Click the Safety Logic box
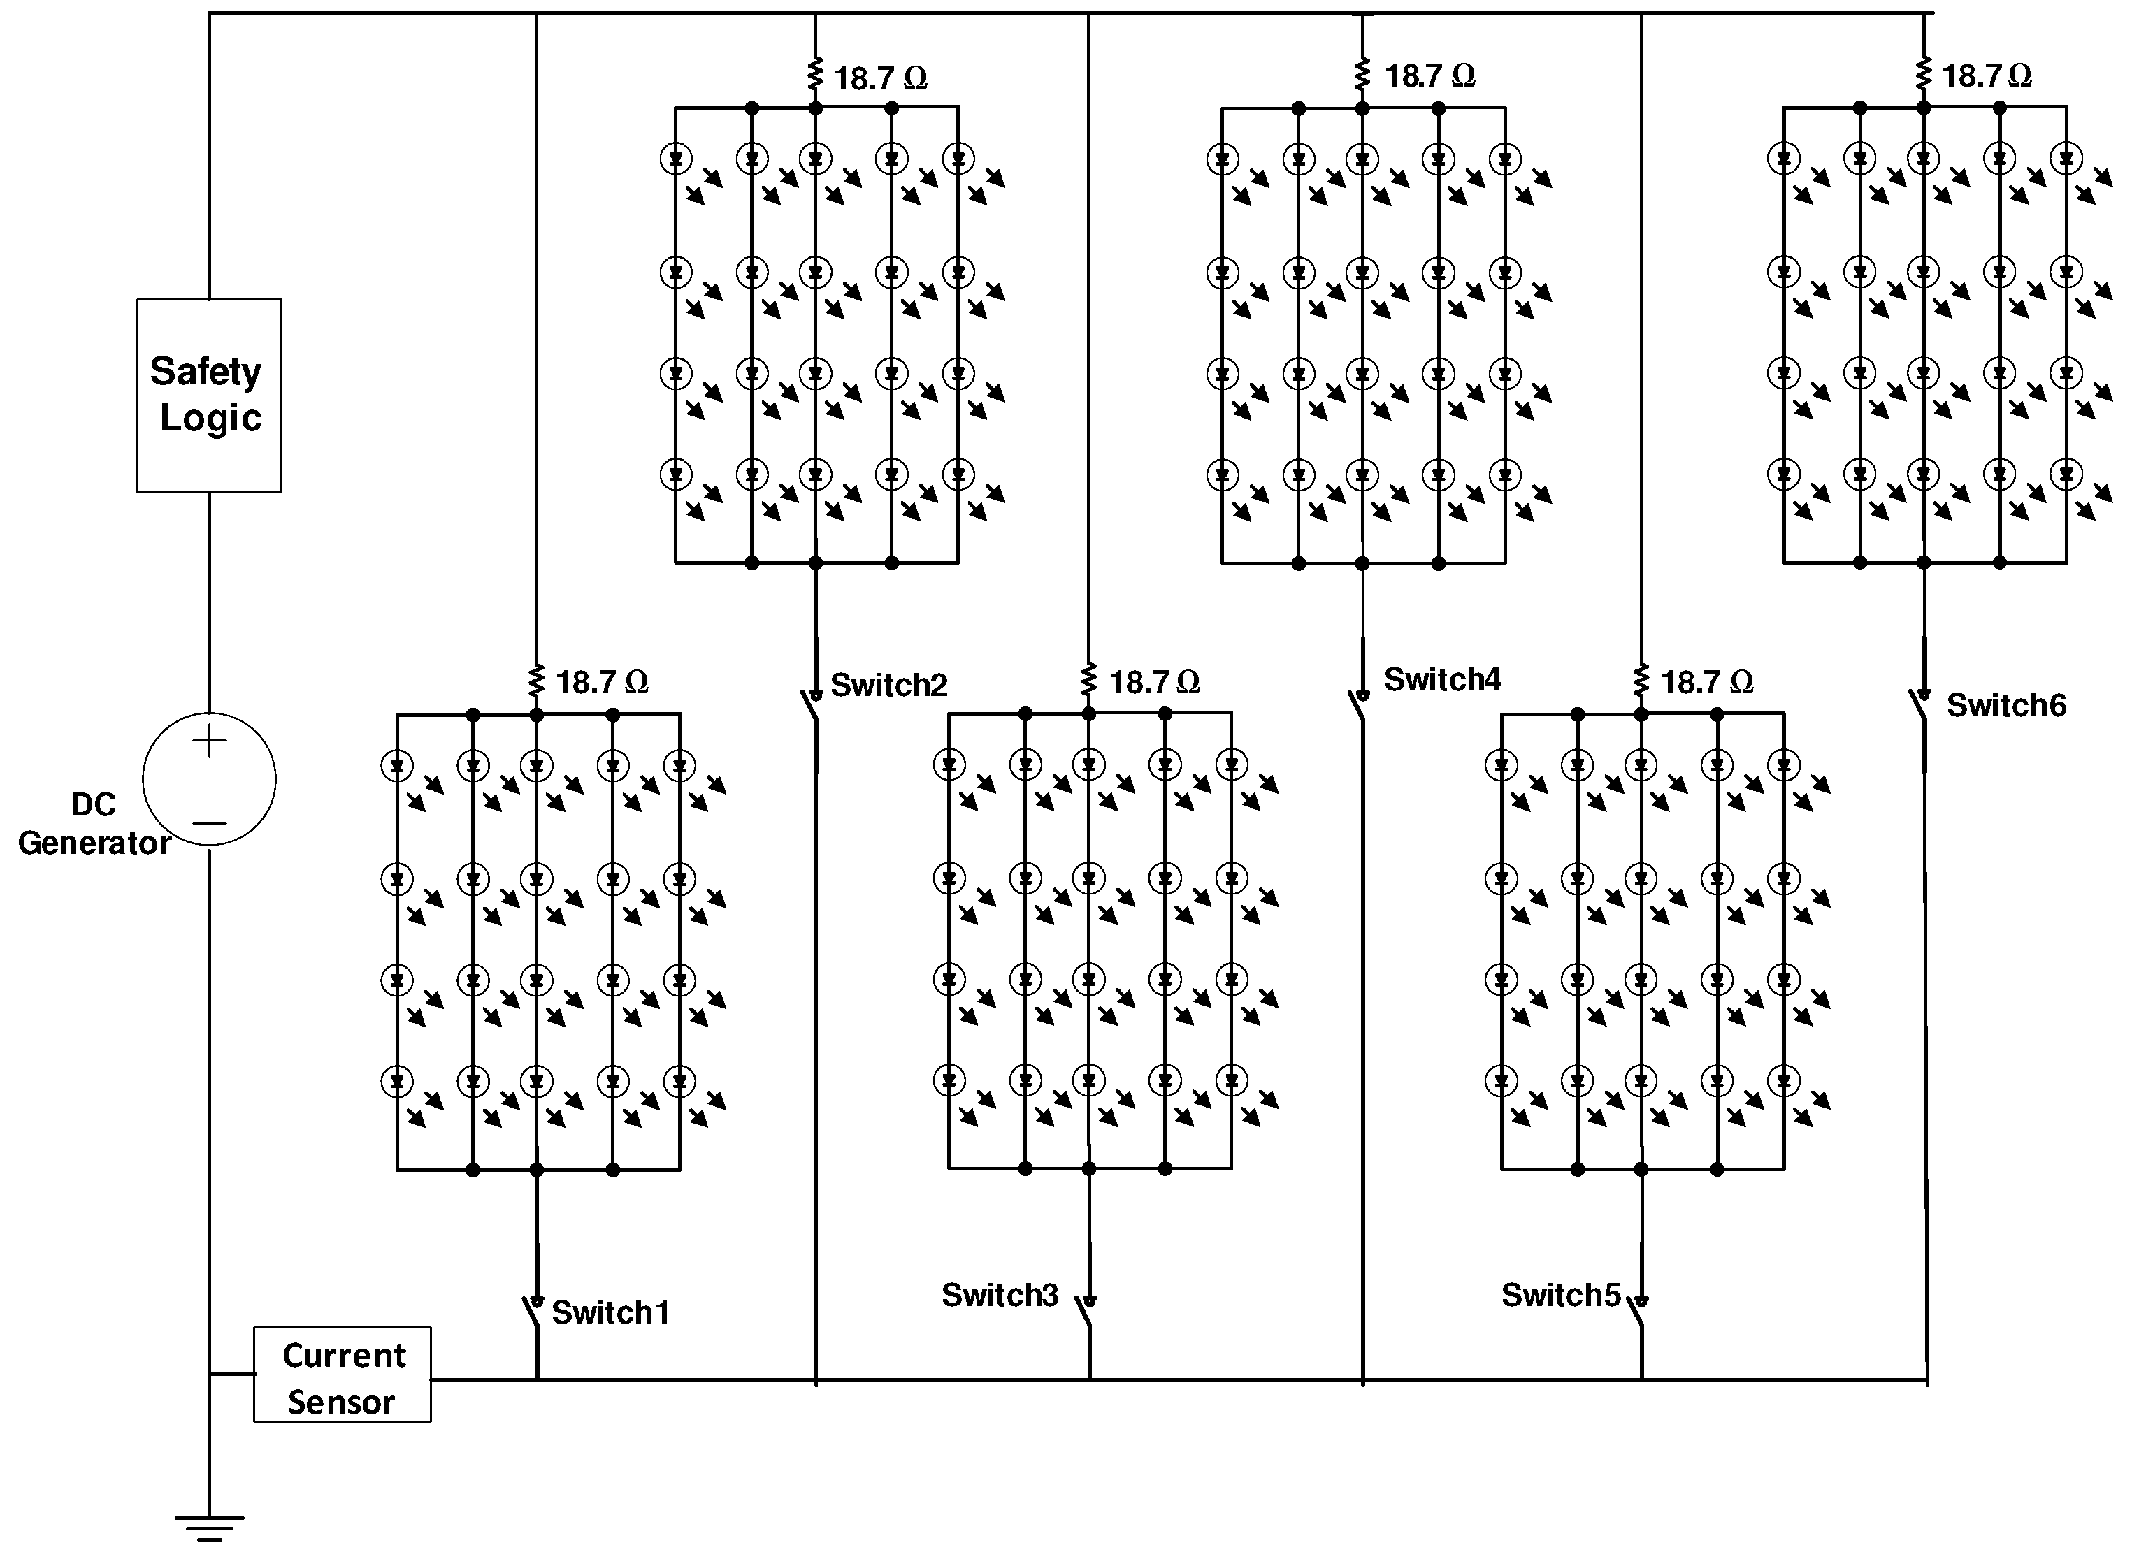click(x=208, y=396)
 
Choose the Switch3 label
click(x=1000, y=1296)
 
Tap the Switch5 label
click(x=1560, y=1296)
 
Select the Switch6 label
click(x=2005, y=706)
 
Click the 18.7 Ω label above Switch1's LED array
click(x=601, y=682)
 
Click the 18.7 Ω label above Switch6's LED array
click(x=1986, y=75)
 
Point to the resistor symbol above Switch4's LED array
click(x=1361, y=73)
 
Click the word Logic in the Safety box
click(x=210, y=417)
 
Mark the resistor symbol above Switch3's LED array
click(x=1088, y=679)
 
